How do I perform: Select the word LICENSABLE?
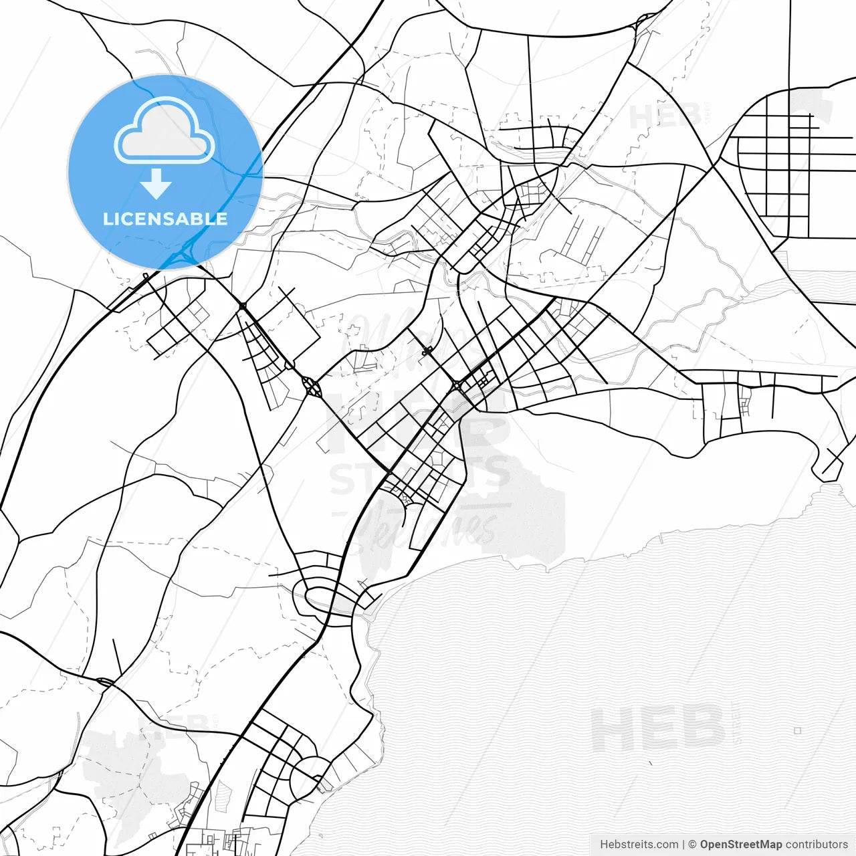point(165,219)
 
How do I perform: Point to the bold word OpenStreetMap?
point(741,845)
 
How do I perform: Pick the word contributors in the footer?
point(817,845)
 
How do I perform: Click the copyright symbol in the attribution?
point(693,845)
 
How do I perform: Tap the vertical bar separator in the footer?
point(683,845)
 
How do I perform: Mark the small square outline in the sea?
point(797,730)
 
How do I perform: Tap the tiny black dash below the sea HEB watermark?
point(650,762)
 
